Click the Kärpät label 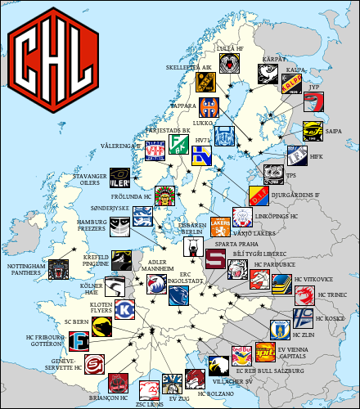(x=272, y=59)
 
